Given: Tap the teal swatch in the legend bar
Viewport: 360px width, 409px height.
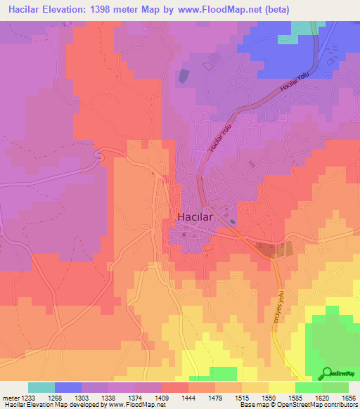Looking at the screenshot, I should (x=41, y=387).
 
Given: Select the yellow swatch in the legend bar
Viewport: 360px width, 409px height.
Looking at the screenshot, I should (x=282, y=387).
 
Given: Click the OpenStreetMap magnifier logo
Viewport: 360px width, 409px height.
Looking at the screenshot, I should (x=327, y=373).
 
